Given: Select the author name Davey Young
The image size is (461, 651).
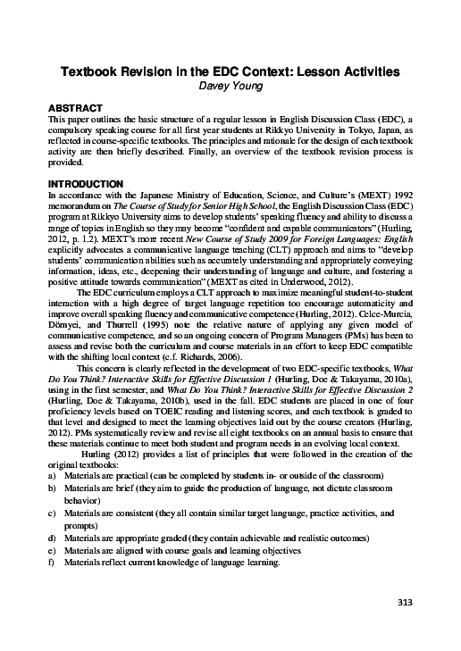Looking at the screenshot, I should tap(230, 86).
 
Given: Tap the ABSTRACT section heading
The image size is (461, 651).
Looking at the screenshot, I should tap(78, 107).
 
